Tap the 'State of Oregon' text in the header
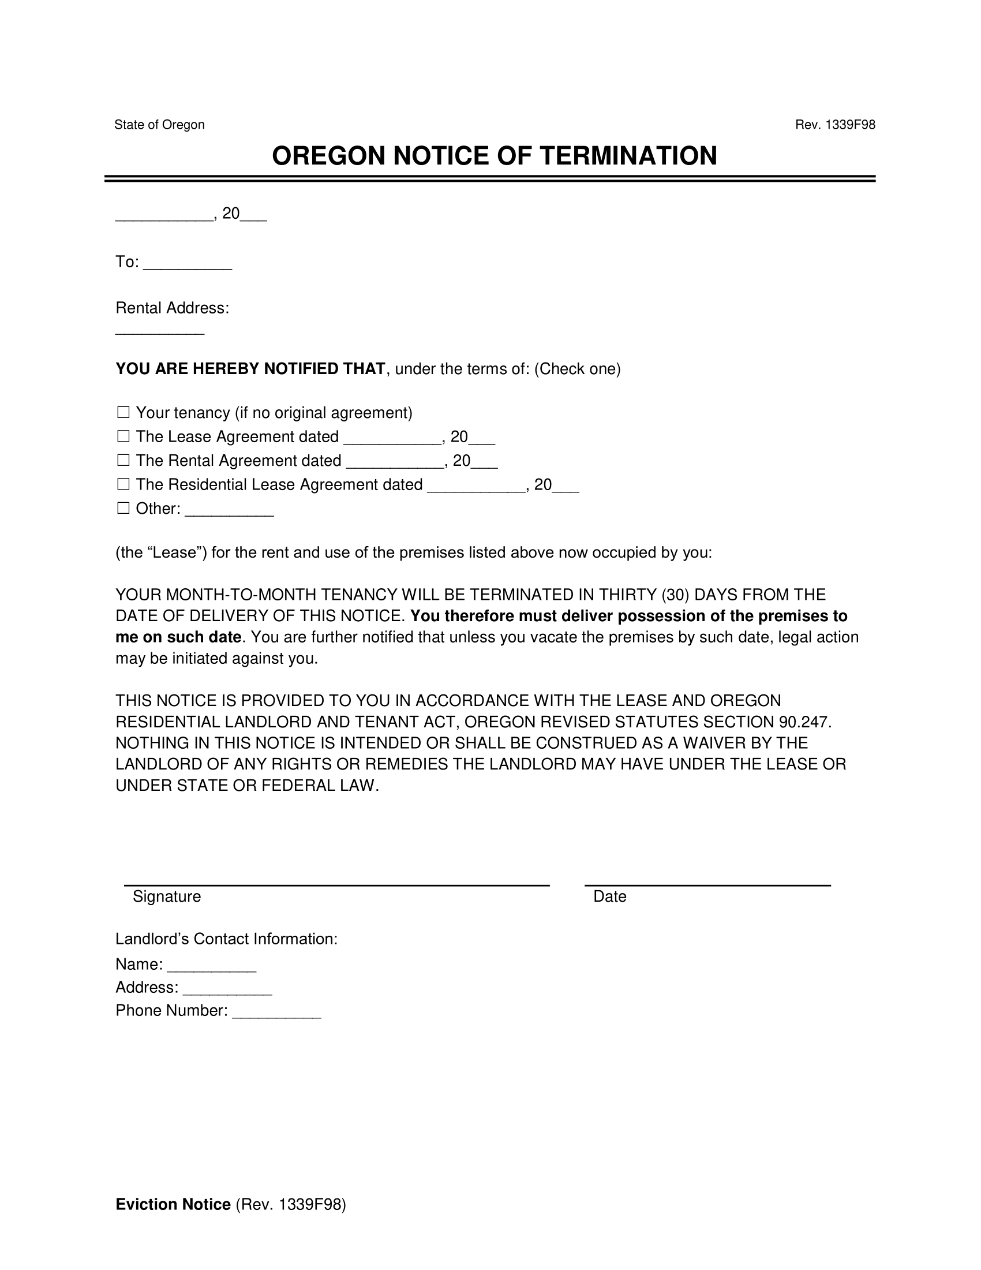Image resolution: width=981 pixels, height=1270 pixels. [x=159, y=125]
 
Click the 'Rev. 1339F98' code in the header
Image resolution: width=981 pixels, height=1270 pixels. [x=834, y=125]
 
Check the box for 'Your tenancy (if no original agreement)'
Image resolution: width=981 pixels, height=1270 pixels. [x=123, y=413]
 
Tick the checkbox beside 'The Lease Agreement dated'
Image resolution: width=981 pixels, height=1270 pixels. [x=123, y=437]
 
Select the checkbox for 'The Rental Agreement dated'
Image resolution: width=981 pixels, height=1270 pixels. [x=123, y=461]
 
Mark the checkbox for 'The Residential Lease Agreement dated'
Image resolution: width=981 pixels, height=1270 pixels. [x=123, y=484]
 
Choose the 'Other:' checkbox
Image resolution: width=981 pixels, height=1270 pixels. [x=123, y=508]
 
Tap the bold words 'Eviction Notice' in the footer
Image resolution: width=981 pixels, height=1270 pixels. [x=173, y=1204]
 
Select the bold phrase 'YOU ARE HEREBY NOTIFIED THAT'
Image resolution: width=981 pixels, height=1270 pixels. [x=250, y=369]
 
